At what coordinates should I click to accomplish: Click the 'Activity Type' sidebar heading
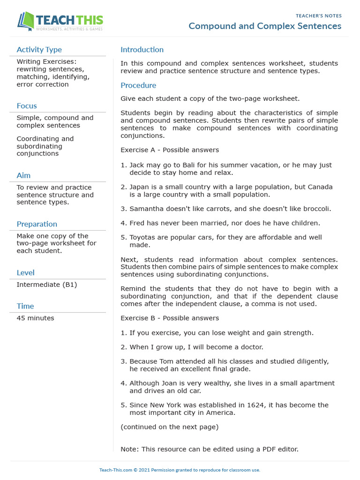tap(39, 50)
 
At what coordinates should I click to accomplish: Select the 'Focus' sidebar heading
tap(27, 106)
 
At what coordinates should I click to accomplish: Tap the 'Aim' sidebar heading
tap(23, 175)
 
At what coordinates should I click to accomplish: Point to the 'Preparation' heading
tap(37, 224)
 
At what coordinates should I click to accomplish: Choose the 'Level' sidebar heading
tap(25, 273)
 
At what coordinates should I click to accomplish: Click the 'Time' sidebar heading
tap(25, 306)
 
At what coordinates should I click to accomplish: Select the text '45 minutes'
tap(35, 318)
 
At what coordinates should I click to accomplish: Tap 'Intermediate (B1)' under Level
tap(47, 285)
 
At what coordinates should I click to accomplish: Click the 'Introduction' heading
tap(142, 50)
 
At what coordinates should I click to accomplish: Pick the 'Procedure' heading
tap(138, 85)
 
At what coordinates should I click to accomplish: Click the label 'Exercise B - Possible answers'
tap(170, 318)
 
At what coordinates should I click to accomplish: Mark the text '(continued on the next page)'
tap(170, 427)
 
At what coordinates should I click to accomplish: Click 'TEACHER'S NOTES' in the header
tap(319, 16)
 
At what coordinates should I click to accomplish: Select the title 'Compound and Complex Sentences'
tap(265, 26)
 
